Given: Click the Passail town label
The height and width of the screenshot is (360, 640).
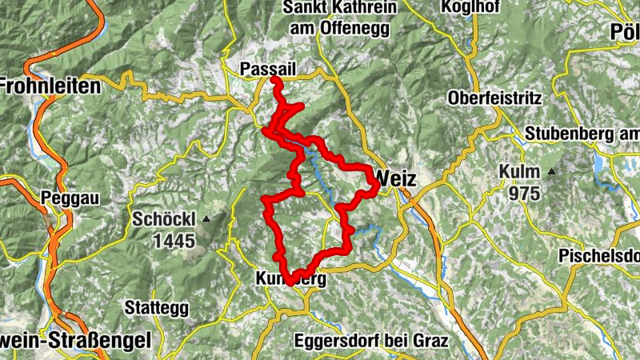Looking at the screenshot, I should click(268, 70).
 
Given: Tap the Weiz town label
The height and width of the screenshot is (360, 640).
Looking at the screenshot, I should click(395, 178).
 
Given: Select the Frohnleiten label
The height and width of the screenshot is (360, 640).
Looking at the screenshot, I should click(50, 85).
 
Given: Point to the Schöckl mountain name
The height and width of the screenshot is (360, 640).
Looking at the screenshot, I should click(163, 218).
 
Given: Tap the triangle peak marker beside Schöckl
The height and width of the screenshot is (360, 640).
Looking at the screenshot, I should click(207, 218).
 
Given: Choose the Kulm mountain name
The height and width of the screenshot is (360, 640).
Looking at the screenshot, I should click(518, 172).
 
